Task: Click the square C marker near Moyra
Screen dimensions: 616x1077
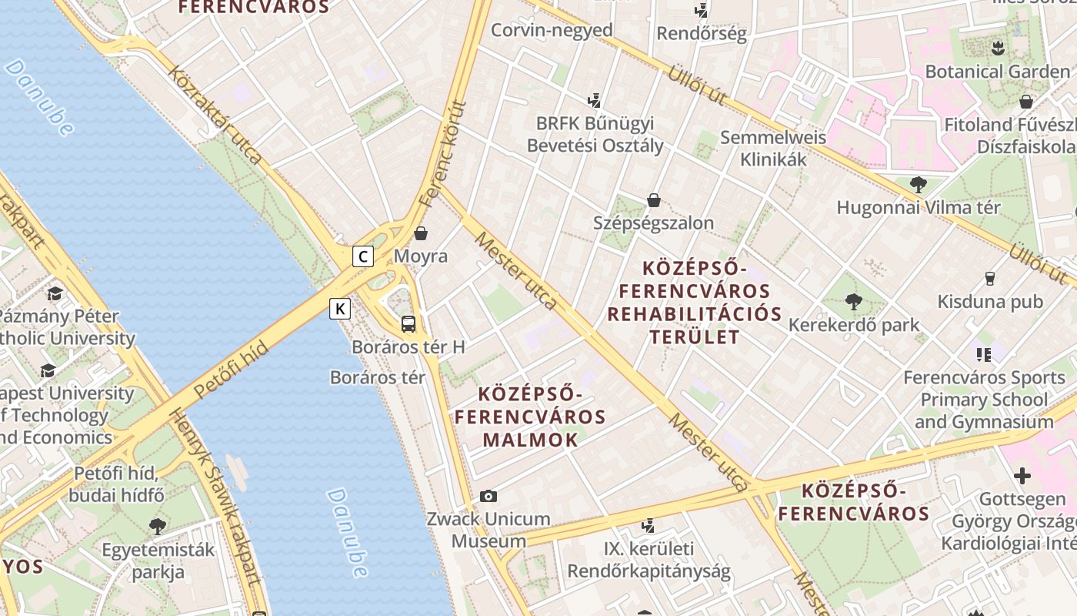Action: pos(363,256)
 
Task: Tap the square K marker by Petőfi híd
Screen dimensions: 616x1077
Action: pos(340,309)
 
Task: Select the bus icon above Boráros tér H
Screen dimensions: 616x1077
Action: pos(408,324)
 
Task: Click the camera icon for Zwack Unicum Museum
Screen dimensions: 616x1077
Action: pos(488,497)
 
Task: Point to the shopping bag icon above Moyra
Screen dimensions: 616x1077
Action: pos(421,233)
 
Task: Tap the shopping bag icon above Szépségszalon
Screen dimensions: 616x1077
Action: pos(654,200)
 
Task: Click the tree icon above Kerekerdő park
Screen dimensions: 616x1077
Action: pos(853,301)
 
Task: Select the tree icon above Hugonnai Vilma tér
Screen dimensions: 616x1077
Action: pos(918,184)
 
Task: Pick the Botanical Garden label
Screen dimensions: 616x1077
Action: pos(997,72)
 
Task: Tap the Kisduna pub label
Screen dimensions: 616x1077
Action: pos(990,302)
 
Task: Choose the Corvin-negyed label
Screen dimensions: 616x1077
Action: pos(552,30)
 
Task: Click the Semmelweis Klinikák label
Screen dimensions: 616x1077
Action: pos(772,149)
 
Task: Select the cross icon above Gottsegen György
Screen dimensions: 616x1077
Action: pos(1022,476)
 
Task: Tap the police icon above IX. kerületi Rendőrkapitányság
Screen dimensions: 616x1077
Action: pos(649,526)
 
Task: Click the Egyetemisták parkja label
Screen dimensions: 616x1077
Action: pos(158,561)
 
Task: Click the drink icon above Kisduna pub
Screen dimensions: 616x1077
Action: pos(990,279)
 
